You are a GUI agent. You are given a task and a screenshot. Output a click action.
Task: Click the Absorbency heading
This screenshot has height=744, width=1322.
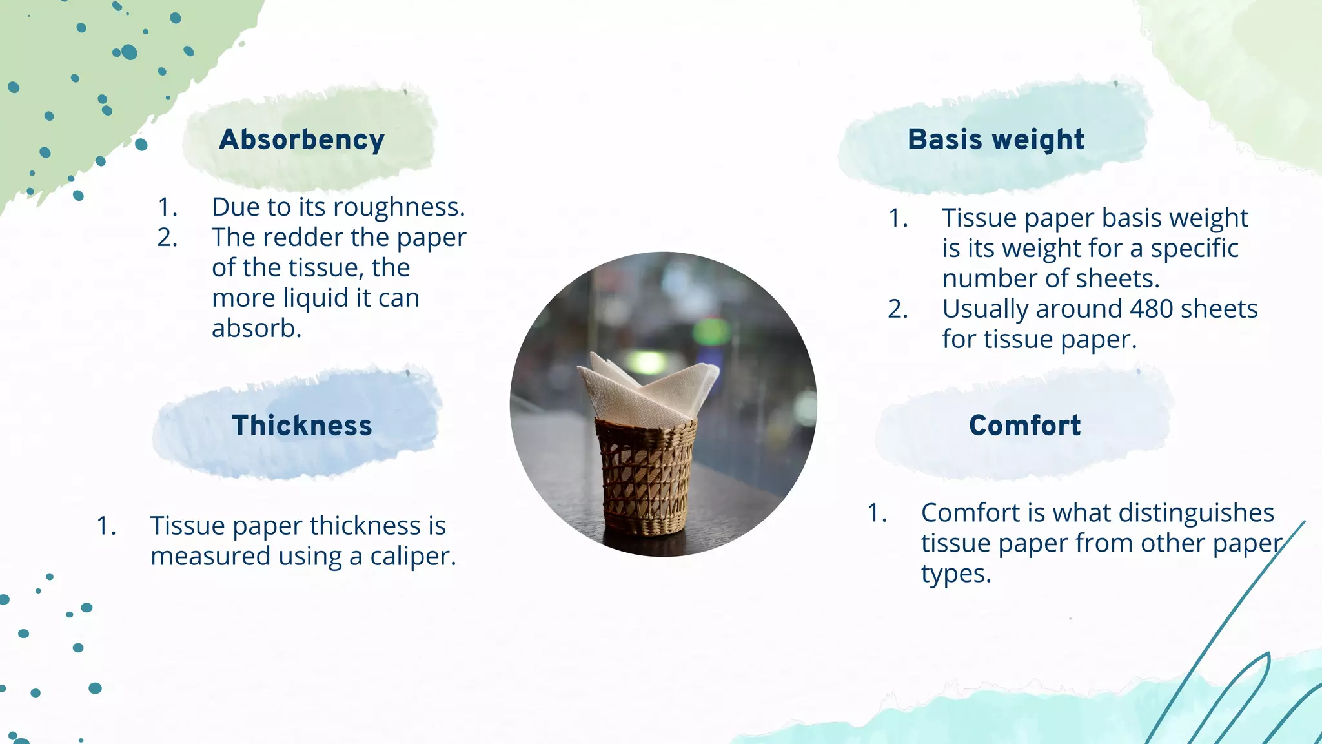301,140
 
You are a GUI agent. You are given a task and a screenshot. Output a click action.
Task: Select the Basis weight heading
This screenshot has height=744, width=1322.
995,140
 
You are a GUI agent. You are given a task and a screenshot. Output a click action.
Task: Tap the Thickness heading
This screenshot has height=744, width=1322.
301,426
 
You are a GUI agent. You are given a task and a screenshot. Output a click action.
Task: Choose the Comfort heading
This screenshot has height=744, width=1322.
1024,426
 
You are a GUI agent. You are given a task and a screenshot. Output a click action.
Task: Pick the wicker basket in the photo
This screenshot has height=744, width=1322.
646,478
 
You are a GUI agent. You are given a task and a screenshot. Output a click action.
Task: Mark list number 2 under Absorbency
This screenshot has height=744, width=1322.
167,238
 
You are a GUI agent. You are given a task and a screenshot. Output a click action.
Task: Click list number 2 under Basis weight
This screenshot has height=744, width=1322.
897,309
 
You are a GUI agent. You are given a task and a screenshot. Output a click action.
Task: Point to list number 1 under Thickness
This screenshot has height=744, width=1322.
107,526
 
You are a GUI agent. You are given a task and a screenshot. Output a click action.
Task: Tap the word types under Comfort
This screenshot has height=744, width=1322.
955,573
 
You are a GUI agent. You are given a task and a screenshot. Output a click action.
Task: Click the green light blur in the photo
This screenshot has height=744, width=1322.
711,331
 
